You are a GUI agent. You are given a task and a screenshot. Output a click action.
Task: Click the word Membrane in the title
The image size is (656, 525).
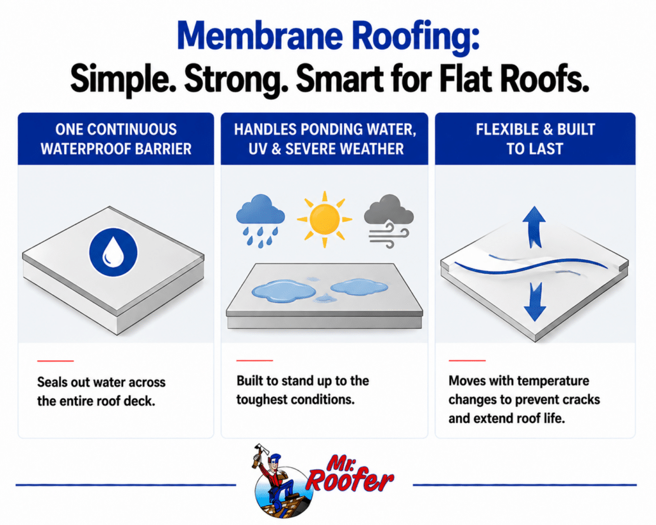(259, 36)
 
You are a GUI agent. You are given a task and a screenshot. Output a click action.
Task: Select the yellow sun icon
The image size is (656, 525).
(324, 219)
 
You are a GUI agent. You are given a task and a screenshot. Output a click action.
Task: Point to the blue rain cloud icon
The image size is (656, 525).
(260, 221)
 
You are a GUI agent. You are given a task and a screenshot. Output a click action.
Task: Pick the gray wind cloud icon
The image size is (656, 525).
(389, 221)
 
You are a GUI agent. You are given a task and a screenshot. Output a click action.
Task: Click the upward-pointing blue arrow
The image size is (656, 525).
(534, 226)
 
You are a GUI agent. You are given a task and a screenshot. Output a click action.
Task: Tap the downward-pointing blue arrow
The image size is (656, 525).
(535, 301)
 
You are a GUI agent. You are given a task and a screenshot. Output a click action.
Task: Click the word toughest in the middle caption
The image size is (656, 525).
(261, 400)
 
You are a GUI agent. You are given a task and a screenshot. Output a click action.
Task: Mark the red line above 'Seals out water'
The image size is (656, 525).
(55, 360)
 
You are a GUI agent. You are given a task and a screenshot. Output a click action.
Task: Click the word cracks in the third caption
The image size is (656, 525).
(580, 400)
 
